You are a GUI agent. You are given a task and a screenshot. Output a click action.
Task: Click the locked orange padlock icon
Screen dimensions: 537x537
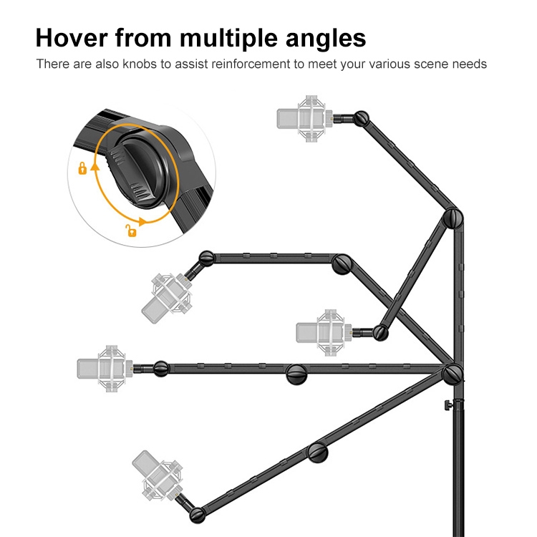[82, 169]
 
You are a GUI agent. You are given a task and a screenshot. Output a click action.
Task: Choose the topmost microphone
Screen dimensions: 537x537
[304, 117]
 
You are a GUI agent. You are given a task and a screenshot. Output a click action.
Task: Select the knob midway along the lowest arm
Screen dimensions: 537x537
[318, 453]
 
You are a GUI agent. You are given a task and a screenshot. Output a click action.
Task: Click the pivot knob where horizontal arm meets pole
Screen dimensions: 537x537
[453, 373]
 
